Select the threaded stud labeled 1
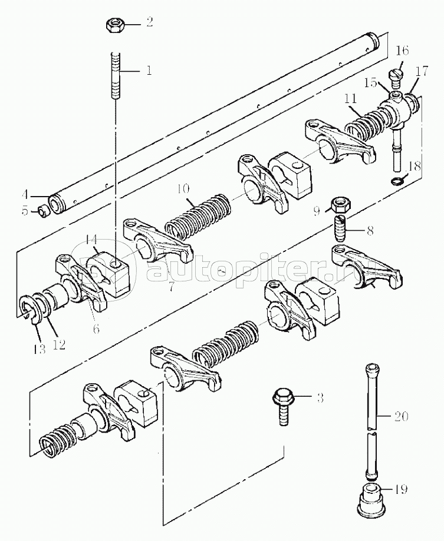(x=116, y=76)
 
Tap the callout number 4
(x=24, y=195)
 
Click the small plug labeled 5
(x=43, y=211)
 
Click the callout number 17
(x=422, y=71)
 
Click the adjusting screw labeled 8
(x=341, y=229)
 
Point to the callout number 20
(x=400, y=416)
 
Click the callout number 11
(x=350, y=99)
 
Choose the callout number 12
(x=59, y=344)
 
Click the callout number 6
(x=96, y=329)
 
